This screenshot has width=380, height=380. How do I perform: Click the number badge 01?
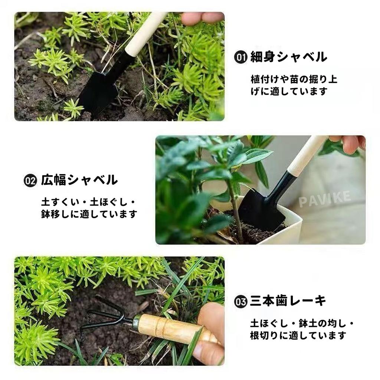(x=240, y=58)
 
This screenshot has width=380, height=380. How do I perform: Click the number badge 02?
(x=30, y=181)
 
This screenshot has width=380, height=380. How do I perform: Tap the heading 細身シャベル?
(x=289, y=57)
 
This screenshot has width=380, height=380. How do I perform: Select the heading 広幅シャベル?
(x=79, y=180)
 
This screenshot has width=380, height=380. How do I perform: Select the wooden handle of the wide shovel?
(x=307, y=156)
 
